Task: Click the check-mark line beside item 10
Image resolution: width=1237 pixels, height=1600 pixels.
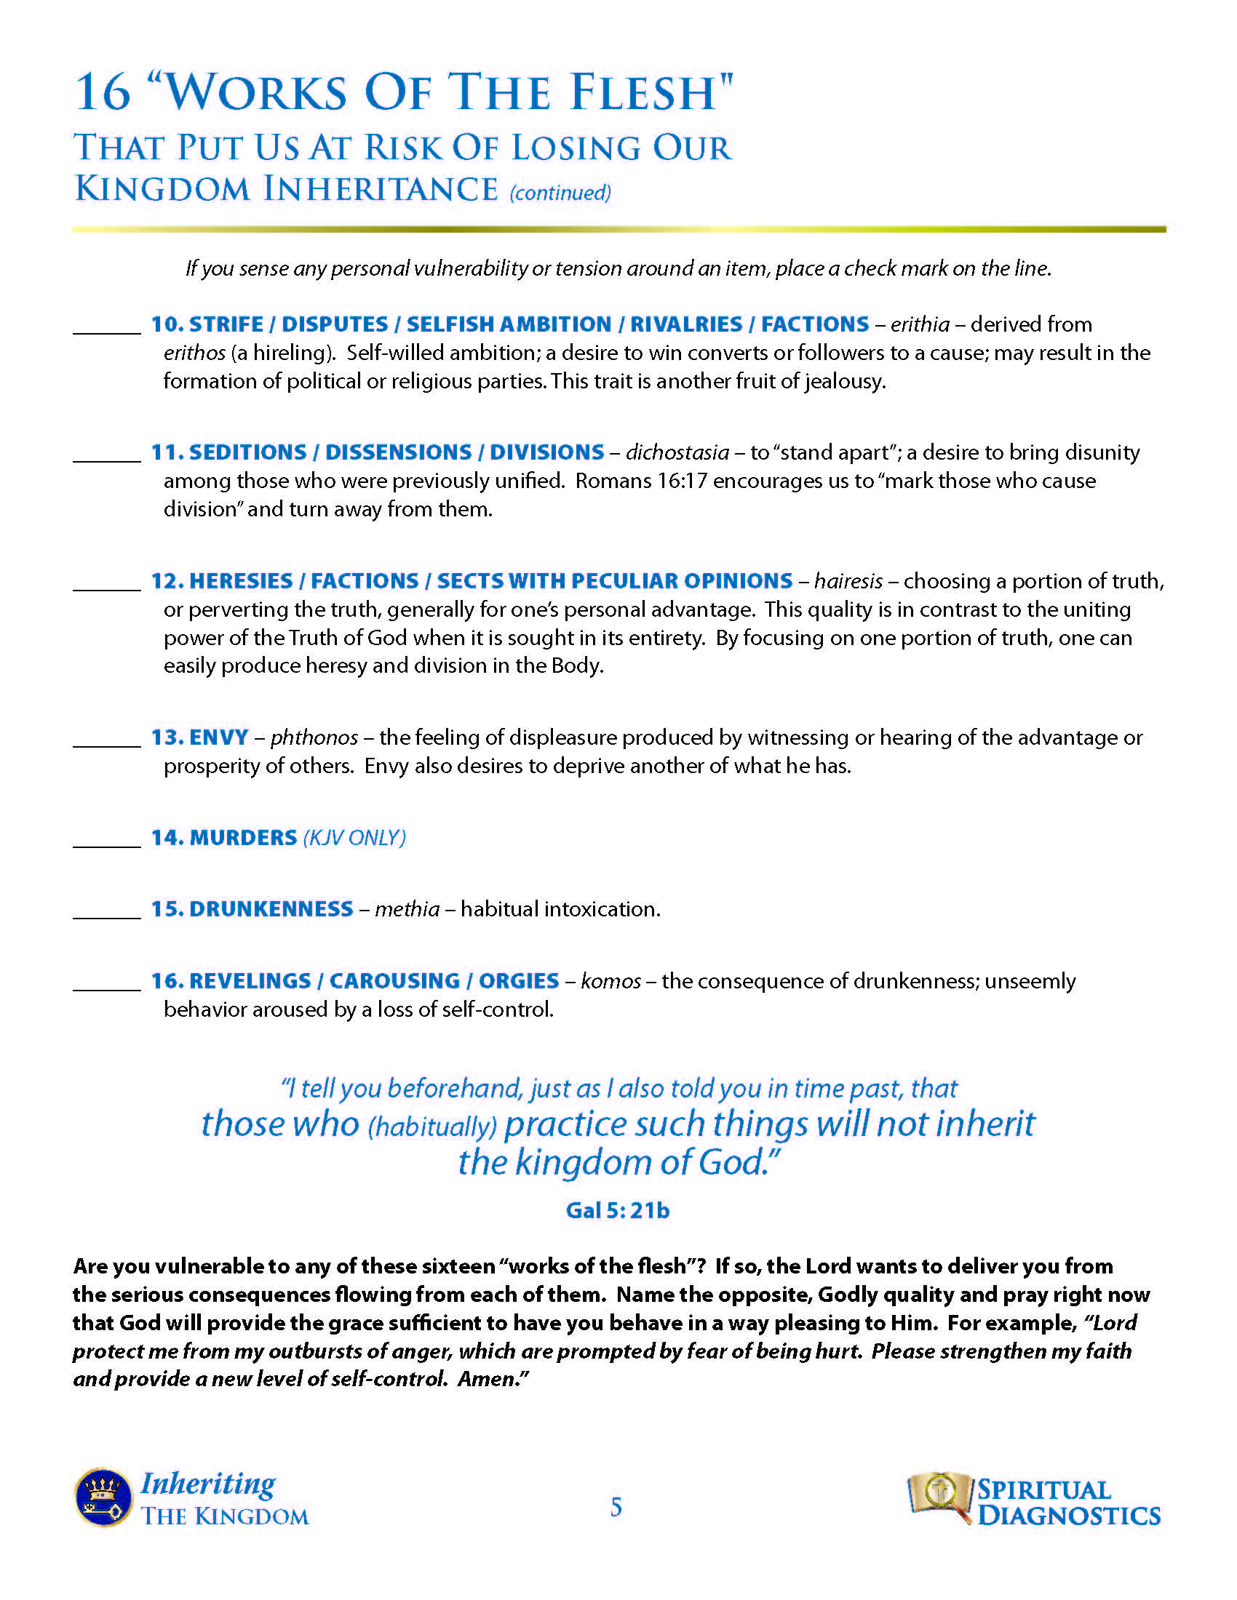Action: coord(106,332)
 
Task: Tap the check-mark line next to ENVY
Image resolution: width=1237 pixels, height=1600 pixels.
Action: coord(106,745)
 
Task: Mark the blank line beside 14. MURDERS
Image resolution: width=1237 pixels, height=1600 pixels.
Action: coord(106,845)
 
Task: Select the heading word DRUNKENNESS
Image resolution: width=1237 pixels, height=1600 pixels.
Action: coord(271,909)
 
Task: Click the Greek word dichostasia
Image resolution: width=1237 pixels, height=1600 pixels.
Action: coord(677,453)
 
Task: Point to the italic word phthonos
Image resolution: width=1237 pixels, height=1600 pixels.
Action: coord(314,737)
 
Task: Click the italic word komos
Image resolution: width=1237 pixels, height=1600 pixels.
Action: coord(610,981)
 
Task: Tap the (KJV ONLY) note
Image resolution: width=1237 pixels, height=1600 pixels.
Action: coord(354,838)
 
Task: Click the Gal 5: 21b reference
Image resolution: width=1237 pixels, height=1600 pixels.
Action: coord(618,1210)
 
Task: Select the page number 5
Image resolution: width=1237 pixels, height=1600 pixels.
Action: coord(616,1506)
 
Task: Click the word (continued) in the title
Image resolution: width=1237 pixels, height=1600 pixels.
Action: coord(560,193)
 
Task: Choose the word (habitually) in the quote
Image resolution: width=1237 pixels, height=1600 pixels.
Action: coord(432,1127)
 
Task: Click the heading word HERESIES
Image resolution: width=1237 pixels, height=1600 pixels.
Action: coord(240,581)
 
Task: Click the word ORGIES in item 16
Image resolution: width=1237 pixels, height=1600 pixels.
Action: coord(519,981)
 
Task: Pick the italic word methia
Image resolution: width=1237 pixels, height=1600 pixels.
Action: coord(407,909)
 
